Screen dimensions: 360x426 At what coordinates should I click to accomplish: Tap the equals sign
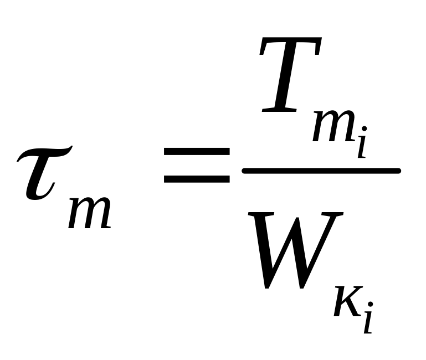pyautogui.click(x=197, y=164)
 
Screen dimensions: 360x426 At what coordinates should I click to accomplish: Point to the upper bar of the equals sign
pyautogui.click(x=197, y=151)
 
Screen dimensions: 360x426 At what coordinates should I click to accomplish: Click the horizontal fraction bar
pyautogui.click(x=321, y=171)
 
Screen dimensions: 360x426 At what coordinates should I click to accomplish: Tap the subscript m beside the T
pyautogui.click(x=333, y=131)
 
